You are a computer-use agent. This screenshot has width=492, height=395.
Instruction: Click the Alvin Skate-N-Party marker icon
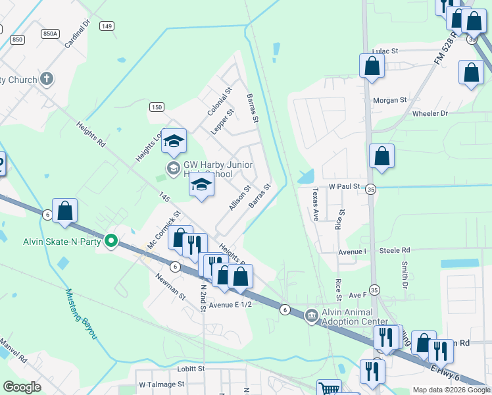click(111, 240)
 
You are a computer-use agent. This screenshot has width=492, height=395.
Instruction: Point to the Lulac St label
click(385, 51)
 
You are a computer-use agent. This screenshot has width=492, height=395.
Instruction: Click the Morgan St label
click(390, 101)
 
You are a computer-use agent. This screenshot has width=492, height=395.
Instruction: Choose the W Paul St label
click(344, 187)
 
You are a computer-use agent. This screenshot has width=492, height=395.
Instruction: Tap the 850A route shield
click(50, 33)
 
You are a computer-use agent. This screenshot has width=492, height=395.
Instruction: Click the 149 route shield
click(107, 26)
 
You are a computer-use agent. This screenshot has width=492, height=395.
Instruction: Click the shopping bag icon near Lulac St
click(372, 66)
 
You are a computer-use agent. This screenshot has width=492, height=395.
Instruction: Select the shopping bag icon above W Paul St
click(381, 157)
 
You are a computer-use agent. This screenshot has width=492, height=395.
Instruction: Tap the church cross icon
click(46, 80)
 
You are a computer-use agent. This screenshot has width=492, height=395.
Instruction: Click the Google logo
click(22, 387)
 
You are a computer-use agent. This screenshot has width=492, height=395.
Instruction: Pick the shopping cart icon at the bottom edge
click(329, 388)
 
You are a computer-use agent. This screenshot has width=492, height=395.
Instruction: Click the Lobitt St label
click(191, 369)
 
